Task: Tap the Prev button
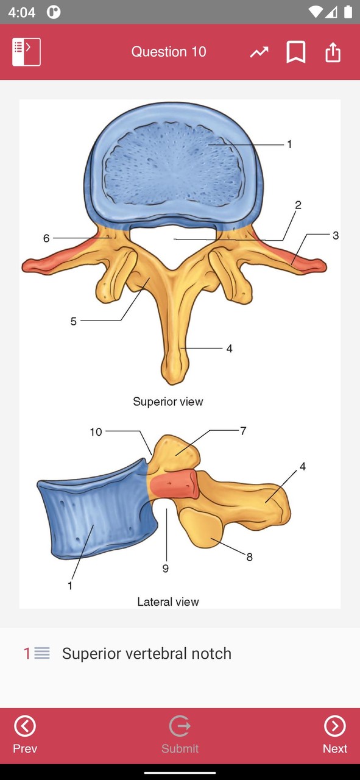click(25, 734)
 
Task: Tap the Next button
click(334, 734)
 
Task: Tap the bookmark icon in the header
click(296, 52)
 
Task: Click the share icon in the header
click(333, 52)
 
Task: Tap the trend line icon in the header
click(259, 52)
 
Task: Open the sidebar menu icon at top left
click(26, 52)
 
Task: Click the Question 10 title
click(169, 52)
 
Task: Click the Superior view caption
click(168, 402)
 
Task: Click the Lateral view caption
click(168, 601)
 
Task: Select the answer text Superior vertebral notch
click(147, 654)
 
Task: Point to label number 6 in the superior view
click(46, 238)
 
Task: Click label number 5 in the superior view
click(74, 321)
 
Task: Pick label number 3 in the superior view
click(336, 235)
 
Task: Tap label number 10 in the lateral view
click(96, 432)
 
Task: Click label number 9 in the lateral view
click(166, 569)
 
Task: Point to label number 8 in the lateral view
click(249, 557)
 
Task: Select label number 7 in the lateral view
click(244, 431)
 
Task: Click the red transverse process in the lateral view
click(175, 484)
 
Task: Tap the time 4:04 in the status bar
click(21, 13)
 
